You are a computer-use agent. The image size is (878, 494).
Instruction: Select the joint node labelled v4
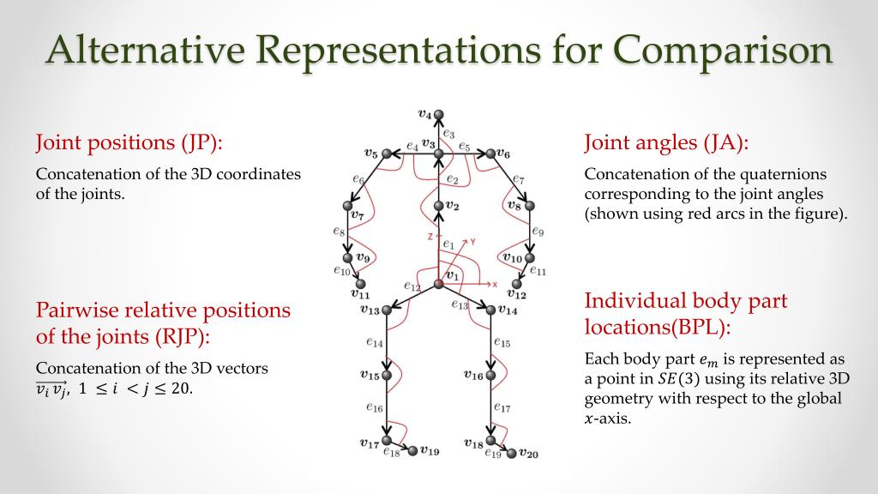438,114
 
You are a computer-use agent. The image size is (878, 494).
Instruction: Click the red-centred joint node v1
438,284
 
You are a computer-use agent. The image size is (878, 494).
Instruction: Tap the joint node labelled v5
387,154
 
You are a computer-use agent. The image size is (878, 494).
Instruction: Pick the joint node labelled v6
490,154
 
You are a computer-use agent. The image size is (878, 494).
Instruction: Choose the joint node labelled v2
438,206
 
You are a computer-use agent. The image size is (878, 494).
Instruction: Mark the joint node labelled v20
513,453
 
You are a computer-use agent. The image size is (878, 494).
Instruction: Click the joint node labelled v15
387,375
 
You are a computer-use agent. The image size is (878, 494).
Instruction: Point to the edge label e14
374,342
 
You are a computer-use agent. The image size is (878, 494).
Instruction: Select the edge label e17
502,408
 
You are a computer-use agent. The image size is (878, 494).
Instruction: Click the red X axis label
495,284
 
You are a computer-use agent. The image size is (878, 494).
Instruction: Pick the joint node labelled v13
387,310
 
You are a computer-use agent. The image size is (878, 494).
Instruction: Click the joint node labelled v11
361,284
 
